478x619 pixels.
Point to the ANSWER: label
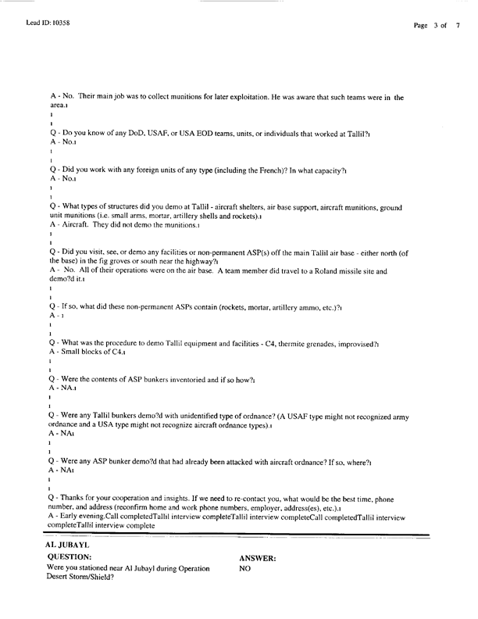click(257, 579)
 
